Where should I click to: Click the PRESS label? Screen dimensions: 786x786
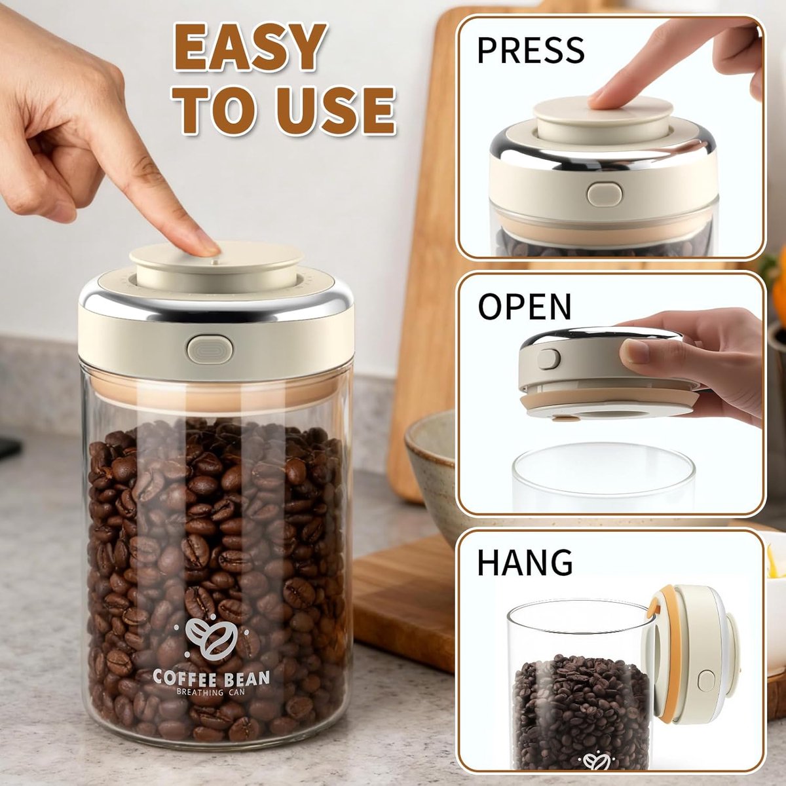coord(531,50)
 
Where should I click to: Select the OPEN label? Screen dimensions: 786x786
coord(525,307)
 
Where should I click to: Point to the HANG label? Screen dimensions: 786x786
coord(525,563)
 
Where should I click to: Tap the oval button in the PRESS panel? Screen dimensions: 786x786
coord(605,194)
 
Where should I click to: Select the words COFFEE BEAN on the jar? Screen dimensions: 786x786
coord(211,677)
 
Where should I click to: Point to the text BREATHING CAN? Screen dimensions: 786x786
coord(211,692)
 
